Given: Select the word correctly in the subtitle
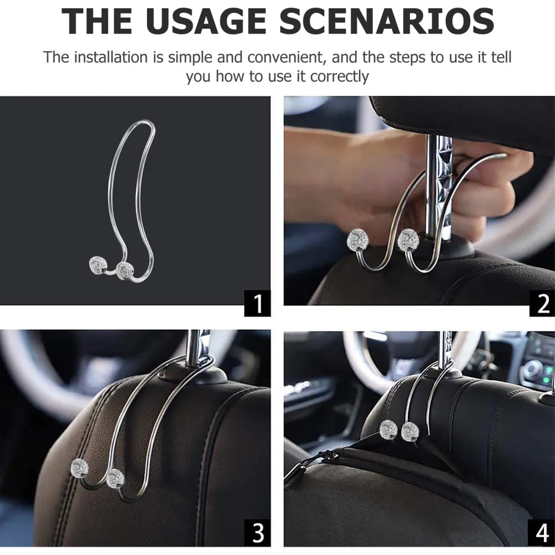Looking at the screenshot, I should coord(339,76).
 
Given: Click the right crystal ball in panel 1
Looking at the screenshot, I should coord(124,270).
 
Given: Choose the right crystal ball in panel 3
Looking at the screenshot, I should coord(115,477).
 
